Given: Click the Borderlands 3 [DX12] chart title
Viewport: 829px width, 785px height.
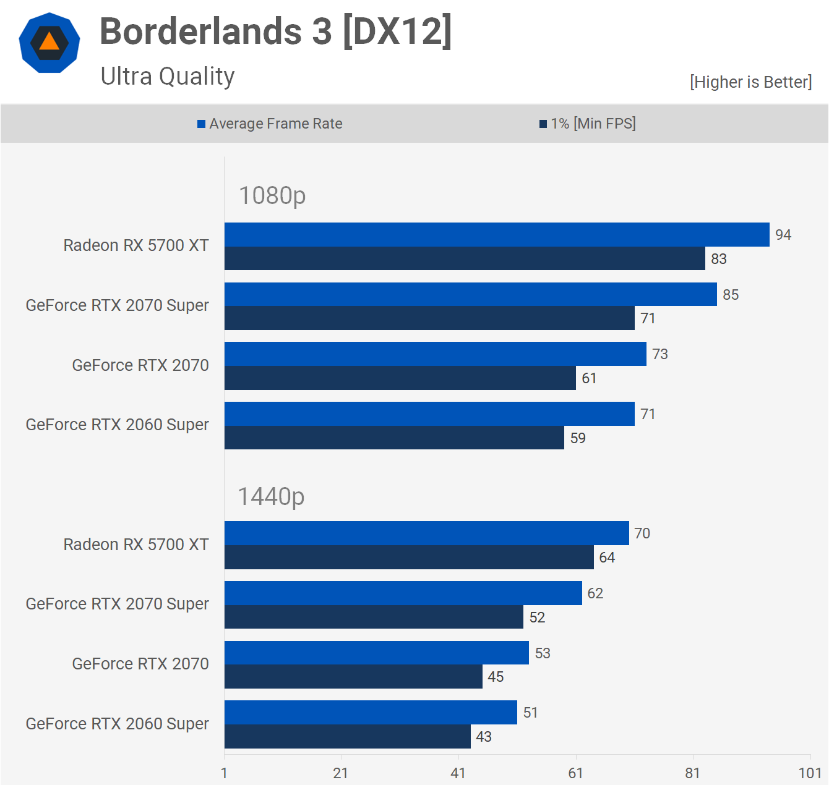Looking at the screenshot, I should click(276, 32).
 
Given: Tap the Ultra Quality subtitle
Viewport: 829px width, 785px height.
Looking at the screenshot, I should click(168, 77).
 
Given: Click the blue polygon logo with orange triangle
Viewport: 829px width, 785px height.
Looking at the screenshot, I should click(49, 43).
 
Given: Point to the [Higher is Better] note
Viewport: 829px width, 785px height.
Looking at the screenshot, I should click(750, 82).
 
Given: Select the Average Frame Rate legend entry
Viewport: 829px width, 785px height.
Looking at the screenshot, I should click(270, 124).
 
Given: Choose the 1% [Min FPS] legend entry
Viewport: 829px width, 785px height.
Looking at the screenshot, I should click(588, 124).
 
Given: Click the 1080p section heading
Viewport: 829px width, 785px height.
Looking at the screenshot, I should click(272, 195).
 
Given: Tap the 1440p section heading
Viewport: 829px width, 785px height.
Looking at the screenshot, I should click(271, 496).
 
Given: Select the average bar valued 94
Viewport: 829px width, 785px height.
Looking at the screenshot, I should click(497, 235).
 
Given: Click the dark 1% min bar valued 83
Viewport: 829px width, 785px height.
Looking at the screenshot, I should click(465, 258).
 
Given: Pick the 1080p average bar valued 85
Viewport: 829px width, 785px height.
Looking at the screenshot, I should click(470, 294).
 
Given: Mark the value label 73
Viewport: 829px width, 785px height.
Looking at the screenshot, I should click(660, 354).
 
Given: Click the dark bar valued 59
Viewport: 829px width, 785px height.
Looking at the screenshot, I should click(394, 438).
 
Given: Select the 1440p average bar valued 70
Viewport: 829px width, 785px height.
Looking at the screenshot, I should click(426, 533).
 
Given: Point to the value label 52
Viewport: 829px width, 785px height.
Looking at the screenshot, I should click(537, 617).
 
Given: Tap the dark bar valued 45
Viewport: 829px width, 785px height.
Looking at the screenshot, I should click(353, 677).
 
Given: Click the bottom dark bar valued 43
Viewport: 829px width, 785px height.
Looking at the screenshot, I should click(347, 737).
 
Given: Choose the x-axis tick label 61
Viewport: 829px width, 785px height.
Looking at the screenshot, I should click(575, 773).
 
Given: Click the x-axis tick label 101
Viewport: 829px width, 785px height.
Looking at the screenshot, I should click(810, 773).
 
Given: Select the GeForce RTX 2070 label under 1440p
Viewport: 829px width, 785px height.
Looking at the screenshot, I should click(140, 664).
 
